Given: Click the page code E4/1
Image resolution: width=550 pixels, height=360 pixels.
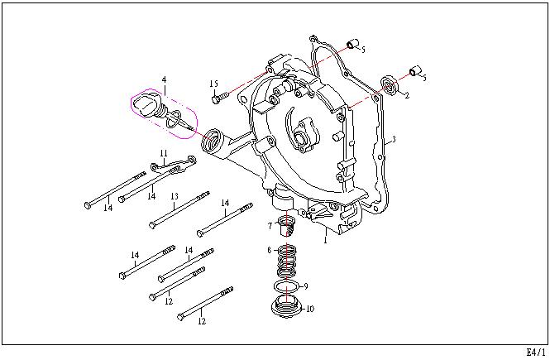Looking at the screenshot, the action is click(x=536, y=352).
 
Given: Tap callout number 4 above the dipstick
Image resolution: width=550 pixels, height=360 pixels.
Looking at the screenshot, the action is click(x=164, y=80).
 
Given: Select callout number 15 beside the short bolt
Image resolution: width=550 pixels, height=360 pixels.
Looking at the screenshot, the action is click(x=214, y=84).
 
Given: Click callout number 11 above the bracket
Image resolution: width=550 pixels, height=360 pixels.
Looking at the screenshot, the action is click(x=164, y=153).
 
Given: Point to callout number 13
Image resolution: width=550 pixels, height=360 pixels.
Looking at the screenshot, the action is click(x=175, y=196).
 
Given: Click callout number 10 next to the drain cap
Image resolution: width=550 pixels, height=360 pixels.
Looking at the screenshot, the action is click(x=310, y=309).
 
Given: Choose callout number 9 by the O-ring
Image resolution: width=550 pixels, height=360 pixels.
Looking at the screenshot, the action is click(x=305, y=286).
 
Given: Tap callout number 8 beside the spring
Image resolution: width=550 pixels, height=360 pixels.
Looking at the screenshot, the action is click(x=270, y=250).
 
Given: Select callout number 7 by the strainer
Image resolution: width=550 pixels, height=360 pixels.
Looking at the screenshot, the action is click(x=270, y=226).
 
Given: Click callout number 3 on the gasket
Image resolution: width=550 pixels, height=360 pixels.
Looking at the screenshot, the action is click(x=394, y=139).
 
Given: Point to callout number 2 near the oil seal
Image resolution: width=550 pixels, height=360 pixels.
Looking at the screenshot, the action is click(x=407, y=95).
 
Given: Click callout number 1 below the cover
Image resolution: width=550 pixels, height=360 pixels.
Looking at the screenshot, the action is click(x=326, y=240).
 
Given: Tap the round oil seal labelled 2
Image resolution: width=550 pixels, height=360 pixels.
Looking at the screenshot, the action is click(x=389, y=85).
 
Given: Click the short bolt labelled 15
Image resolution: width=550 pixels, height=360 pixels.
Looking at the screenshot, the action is click(x=220, y=97).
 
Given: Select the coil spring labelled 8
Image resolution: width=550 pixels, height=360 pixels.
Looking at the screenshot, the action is click(x=286, y=262).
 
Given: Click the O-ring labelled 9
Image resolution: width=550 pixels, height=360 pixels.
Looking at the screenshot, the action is click(x=287, y=286).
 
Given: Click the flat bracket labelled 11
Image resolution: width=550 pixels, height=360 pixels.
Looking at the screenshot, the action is click(x=173, y=165).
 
